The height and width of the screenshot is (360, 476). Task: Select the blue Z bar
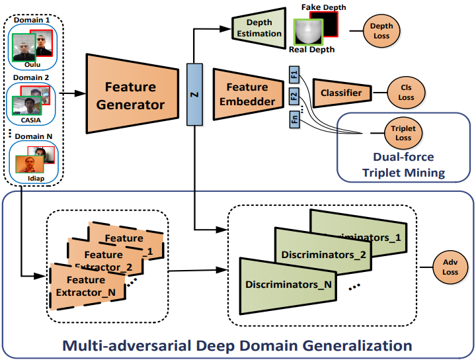click(194, 94)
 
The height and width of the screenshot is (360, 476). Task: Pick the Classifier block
click(340, 93)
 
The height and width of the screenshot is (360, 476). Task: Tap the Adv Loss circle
click(450, 266)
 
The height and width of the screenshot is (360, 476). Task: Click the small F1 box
click(294, 73)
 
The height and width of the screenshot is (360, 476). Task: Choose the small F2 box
click(294, 97)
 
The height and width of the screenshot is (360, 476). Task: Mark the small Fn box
click(294, 120)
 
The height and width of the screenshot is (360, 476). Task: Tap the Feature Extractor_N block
click(85, 286)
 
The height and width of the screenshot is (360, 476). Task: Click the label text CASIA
click(33, 120)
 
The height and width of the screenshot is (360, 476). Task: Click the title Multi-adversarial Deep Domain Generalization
click(237, 345)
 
